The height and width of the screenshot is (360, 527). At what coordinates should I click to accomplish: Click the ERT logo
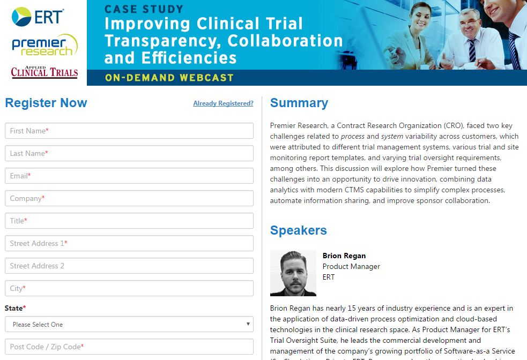[x=38, y=17]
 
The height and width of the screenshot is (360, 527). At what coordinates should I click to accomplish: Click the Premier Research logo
[x=44, y=45]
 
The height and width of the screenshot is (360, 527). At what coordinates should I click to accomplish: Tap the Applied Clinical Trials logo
[x=44, y=72]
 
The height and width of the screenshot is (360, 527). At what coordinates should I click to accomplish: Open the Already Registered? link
[x=223, y=103]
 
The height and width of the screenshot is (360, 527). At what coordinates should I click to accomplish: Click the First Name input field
[x=129, y=131]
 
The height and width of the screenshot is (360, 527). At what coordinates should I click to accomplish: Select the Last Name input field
[x=129, y=153]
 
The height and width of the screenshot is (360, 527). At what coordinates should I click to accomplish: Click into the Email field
[x=129, y=176]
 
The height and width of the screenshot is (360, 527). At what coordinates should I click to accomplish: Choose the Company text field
[x=129, y=198]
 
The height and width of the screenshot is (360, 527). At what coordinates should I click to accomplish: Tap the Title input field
[x=129, y=221]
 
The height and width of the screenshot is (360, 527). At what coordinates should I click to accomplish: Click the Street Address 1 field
[x=129, y=243]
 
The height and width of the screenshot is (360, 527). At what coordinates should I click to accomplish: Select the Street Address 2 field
[x=129, y=266]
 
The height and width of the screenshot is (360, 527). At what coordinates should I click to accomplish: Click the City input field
[x=129, y=288]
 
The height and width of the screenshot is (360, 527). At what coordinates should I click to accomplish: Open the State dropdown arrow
[x=248, y=324]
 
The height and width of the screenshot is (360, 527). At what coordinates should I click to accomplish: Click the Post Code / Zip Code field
[x=129, y=347]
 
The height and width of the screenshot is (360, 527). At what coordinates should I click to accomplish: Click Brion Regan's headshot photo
[x=293, y=273]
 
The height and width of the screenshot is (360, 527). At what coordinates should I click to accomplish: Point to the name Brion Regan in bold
[x=344, y=256]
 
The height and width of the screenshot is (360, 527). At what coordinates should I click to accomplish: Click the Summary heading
[x=299, y=103]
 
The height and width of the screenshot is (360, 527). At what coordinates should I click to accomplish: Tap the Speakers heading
[x=299, y=230]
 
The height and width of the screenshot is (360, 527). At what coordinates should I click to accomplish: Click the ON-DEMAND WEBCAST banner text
[x=169, y=78]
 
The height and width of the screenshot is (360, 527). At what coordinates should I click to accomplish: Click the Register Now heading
[x=46, y=103]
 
